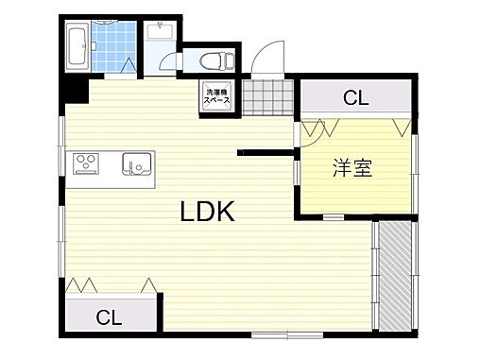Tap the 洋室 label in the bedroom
(351, 169)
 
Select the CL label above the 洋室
(355, 97)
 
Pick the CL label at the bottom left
(110, 317)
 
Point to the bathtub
(77, 47)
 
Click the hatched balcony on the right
(395, 276)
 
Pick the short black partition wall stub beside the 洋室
(265, 150)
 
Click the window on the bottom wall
(287, 334)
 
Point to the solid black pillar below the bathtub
(75, 91)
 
